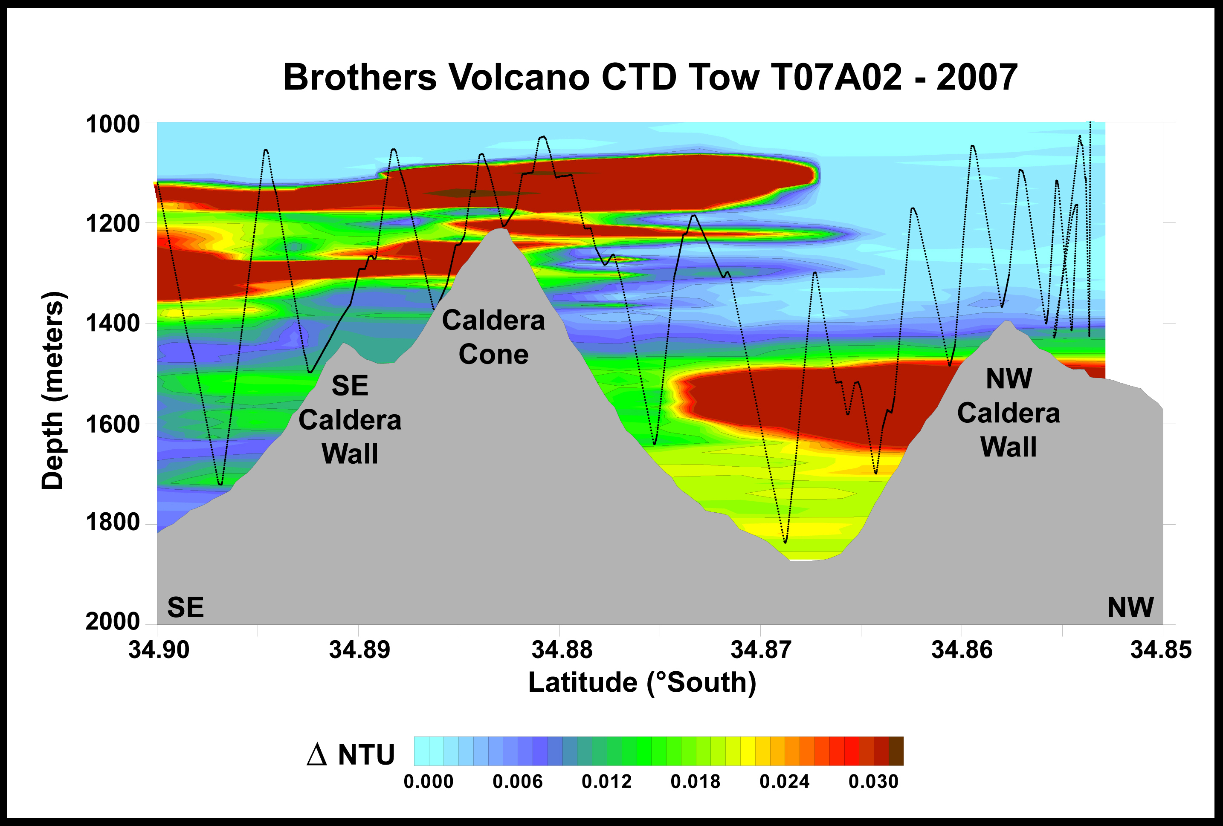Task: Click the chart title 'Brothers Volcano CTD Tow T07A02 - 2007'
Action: (x=650, y=77)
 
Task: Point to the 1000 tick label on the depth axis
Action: (x=113, y=125)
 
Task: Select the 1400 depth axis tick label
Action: (x=113, y=323)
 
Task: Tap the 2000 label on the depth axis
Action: (x=113, y=622)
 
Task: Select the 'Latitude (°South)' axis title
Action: (x=642, y=683)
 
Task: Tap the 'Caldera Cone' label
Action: (x=494, y=337)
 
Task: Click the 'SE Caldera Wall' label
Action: (x=350, y=420)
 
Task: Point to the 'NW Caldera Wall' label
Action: (x=1008, y=413)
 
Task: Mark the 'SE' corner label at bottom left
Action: (x=186, y=608)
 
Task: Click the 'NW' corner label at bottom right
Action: (x=1130, y=608)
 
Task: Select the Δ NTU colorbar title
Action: (x=351, y=755)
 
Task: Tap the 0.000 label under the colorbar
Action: (x=429, y=782)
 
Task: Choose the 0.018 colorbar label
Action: (x=695, y=782)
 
